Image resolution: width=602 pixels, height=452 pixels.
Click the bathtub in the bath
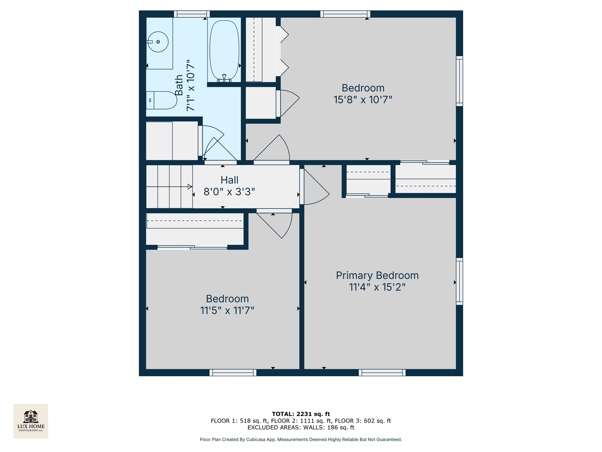[x=224, y=50]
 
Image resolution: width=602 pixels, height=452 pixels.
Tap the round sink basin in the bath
[x=158, y=41]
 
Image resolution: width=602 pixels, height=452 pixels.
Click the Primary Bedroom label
[x=377, y=275]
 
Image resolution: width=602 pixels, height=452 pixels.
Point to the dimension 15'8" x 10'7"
[x=363, y=100]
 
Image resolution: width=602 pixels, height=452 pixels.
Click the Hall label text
[x=230, y=180]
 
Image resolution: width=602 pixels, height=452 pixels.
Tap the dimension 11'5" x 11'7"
[x=227, y=311]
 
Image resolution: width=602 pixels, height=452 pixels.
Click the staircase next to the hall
[x=169, y=187]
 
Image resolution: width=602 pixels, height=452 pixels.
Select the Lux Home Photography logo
[x=31, y=421]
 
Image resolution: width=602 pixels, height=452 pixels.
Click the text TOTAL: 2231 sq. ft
[x=301, y=414]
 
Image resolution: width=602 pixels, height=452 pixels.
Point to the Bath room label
[x=179, y=85]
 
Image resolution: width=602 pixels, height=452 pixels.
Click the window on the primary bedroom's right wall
[x=459, y=281]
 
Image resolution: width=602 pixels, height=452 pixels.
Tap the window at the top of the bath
[x=191, y=14]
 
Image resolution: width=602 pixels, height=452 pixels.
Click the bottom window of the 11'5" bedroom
[x=233, y=372]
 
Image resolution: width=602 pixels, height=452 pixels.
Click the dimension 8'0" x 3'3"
[x=229, y=192]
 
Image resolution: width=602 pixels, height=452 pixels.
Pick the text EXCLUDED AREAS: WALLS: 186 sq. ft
[x=301, y=427]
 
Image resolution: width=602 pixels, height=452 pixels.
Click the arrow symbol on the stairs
[x=190, y=187]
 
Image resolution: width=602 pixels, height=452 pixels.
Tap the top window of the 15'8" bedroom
[x=345, y=14]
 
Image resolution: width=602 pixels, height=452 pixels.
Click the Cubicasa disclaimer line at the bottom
[x=301, y=439]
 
